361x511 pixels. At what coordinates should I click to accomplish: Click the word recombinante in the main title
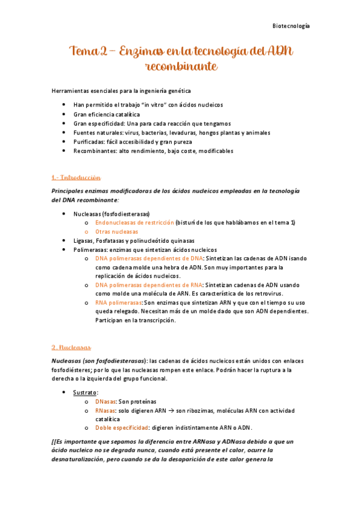(x=181, y=66)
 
